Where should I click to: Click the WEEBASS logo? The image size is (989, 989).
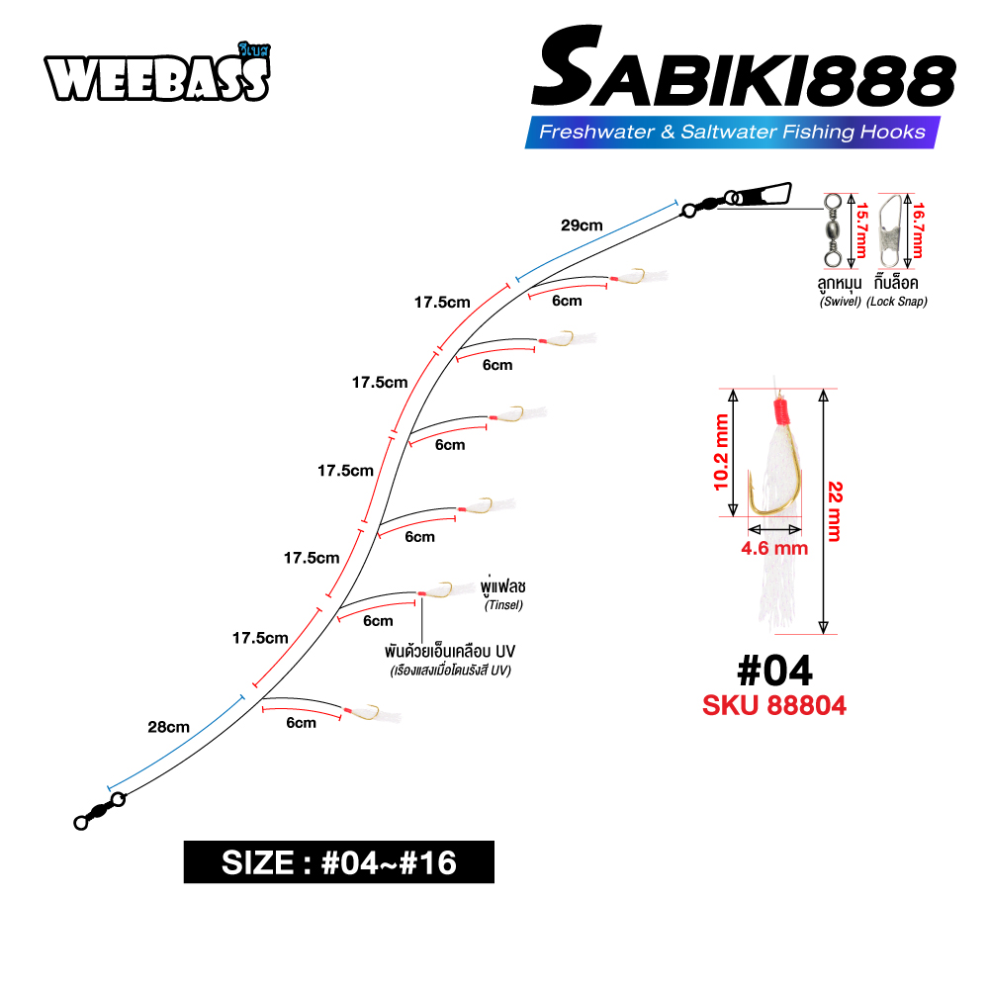[157, 73]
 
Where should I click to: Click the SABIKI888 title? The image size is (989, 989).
[743, 68]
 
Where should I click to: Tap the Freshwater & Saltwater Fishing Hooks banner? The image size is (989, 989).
[732, 132]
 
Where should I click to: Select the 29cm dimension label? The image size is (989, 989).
[582, 225]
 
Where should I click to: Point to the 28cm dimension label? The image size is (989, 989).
[168, 727]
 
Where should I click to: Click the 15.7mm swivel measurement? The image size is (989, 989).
[861, 230]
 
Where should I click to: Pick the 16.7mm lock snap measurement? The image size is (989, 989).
[918, 230]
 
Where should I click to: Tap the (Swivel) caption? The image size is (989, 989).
[840, 302]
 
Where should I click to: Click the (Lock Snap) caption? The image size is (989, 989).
[896, 302]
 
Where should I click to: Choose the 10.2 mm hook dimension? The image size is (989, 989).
[720, 452]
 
